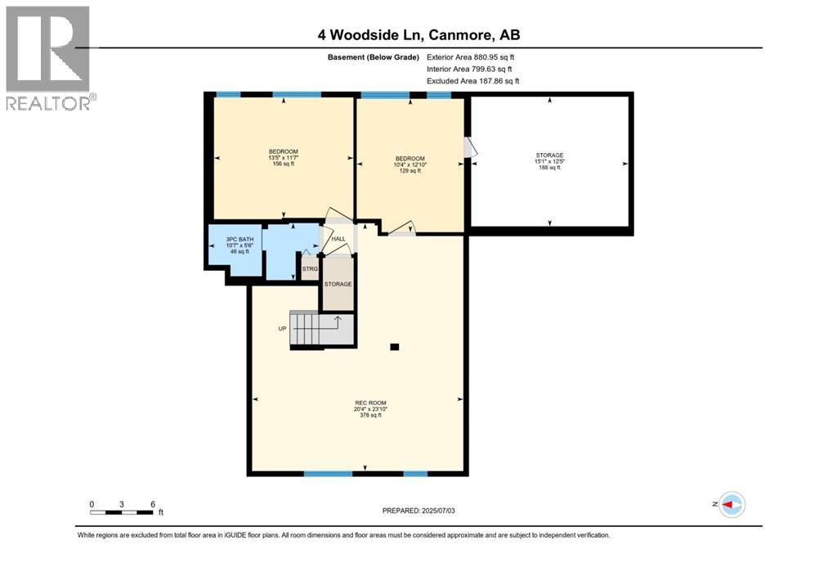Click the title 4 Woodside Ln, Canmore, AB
pos(418,34)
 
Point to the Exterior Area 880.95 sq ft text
pos(471,57)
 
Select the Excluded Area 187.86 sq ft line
pos(472,81)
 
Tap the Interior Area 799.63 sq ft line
pos(469,70)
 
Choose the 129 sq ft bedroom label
pos(410,164)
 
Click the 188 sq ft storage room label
pos(549,161)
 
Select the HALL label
pos(338,239)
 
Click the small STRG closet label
pos(310,268)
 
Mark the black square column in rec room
pos(395,347)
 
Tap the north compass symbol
pos(732,503)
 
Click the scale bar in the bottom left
pos(123,511)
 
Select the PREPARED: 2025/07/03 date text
pos(422,511)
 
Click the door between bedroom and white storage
pos(469,147)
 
